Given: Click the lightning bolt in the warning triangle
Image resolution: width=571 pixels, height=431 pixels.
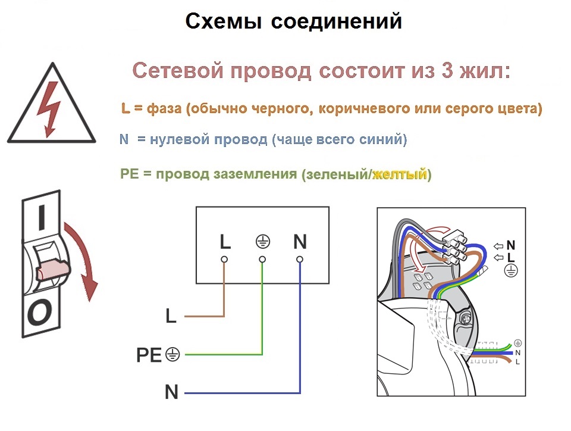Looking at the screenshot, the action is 50,108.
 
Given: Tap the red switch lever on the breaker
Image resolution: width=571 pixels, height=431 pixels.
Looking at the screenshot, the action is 52,270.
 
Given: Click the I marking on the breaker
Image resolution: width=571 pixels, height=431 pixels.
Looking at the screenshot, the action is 42,217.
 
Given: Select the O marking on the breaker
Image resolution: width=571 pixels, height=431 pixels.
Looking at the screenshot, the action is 39,313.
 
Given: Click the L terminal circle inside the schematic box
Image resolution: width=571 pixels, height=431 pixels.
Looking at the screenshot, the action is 224,260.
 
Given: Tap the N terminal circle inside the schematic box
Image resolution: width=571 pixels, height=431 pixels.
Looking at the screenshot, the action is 300,260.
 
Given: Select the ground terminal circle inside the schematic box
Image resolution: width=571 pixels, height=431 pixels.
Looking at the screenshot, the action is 262,260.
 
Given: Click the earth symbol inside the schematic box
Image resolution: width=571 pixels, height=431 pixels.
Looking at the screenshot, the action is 262,241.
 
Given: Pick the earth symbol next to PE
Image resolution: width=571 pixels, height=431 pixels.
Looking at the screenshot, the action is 172,354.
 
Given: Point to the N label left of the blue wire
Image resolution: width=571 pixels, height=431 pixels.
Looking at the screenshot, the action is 171,392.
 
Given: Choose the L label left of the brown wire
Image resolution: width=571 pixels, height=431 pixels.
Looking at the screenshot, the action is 171,316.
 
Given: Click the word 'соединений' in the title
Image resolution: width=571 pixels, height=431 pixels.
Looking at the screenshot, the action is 337,21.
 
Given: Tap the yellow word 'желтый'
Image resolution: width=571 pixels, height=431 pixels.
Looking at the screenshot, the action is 400,174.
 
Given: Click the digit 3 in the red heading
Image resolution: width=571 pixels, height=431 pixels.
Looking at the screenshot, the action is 447,70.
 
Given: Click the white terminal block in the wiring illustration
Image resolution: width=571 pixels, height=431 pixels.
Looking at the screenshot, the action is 454,246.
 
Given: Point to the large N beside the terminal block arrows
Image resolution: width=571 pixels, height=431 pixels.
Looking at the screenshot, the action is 510,245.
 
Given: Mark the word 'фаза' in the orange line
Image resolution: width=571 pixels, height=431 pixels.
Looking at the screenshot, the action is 164,108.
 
